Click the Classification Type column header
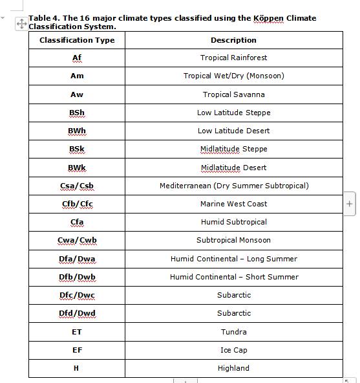tap(77, 40)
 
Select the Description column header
tap(233, 40)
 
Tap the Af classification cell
tap(77, 58)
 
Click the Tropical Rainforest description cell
tap(233, 58)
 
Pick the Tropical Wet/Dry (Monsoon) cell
tap(233, 76)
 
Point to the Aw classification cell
tap(77, 94)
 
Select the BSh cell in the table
tap(77, 113)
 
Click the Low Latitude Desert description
tap(233, 131)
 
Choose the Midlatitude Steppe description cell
tap(233, 149)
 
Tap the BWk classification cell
tap(77, 168)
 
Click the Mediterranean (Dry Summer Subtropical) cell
tap(233, 186)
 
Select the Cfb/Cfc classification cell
tap(77, 204)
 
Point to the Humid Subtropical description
tap(233, 222)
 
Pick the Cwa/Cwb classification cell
tap(77, 240)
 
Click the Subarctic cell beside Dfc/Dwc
tap(233, 295)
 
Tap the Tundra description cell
tap(233, 332)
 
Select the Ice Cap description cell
tap(233, 350)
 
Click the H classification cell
tap(77, 368)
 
